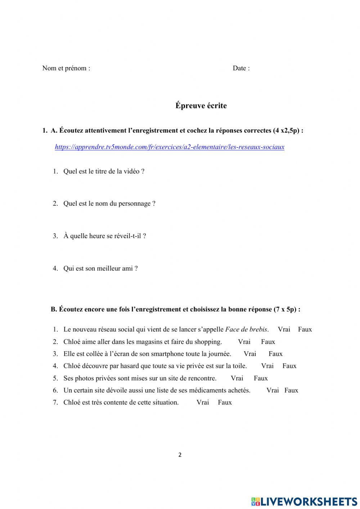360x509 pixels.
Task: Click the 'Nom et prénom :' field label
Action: (66, 68)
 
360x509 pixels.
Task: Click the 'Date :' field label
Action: (241, 68)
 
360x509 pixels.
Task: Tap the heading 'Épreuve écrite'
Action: (201, 106)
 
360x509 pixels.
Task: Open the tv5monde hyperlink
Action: (170, 147)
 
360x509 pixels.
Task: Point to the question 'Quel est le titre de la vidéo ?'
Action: (104, 171)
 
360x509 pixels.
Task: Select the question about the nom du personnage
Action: (109, 204)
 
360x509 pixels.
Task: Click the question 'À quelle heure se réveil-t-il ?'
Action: (104, 236)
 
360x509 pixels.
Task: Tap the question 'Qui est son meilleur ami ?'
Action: (100, 268)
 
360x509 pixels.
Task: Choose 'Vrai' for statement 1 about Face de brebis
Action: (284, 329)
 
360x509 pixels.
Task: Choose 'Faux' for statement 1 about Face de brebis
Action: (305, 329)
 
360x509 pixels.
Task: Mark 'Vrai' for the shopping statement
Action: (244, 342)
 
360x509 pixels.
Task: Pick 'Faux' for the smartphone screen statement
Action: (275, 354)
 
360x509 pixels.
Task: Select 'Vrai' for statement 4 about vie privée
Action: (267, 366)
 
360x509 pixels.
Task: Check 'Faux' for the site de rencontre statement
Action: (261, 378)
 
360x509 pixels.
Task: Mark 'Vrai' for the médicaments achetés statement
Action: (273, 390)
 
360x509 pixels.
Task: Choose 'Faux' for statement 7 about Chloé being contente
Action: (225, 402)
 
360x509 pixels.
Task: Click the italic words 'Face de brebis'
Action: (246, 329)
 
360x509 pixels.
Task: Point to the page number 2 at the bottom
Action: (180, 455)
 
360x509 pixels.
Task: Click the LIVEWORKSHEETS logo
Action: (304, 501)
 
